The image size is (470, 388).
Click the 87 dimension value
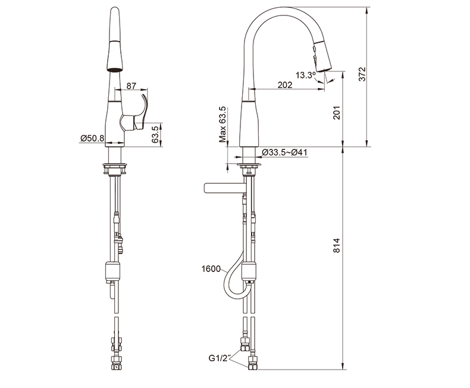[x=131, y=86]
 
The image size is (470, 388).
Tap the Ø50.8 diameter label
[x=92, y=138]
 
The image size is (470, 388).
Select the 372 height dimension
[x=362, y=74]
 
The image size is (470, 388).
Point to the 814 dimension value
[x=337, y=245]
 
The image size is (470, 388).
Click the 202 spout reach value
[x=284, y=85]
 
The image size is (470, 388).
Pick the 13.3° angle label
[x=306, y=75]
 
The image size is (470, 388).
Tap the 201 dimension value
[x=337, y=112]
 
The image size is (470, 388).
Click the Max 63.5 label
[x=223, y=124]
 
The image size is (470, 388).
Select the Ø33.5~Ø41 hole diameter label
[x=284, y=152]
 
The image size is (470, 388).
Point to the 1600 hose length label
[x=211, y=269]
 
